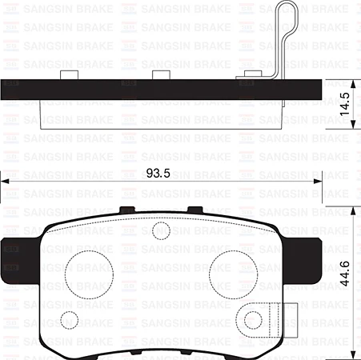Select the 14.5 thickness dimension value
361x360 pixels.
pyautogui.click(x=346, y=105)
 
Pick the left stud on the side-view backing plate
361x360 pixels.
pyautogui.click(x=70, y=75)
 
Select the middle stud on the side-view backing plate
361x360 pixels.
pyautogui.click(x=162, y=75)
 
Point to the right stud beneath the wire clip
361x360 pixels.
pyautogui.click(x=251, y=77)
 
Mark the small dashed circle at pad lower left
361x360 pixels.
pyautogui.click(x=70, y=320)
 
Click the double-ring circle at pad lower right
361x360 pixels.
pyautogui.click(x=254, y=320)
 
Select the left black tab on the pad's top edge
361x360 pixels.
pyautogui.click(x=126, y=210)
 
